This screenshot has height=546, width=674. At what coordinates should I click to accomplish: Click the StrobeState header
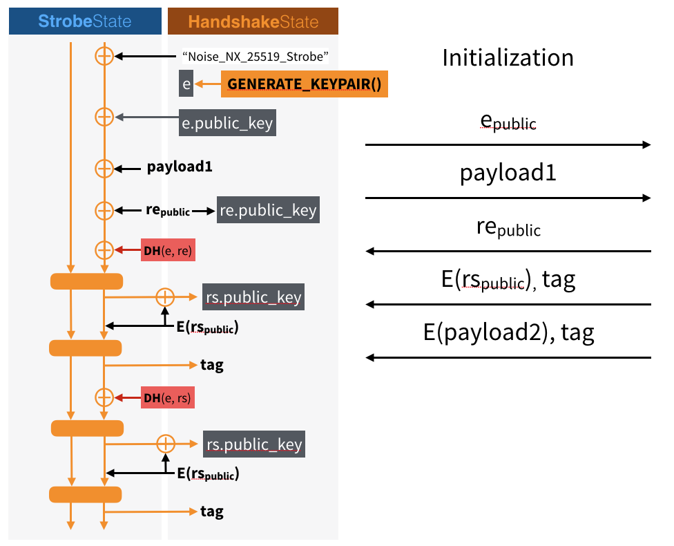click(x=84, y=21)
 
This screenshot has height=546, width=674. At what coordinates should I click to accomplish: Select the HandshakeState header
click(x=253, y=21)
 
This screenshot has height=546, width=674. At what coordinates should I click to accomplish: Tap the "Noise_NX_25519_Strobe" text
click(x=254, y=56)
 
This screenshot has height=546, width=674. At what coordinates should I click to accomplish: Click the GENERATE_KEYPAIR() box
click(x=304, y=84)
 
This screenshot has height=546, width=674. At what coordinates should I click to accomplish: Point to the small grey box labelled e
click(x=186, y=84)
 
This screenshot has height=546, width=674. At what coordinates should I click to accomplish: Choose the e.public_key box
click(x=227, y=123)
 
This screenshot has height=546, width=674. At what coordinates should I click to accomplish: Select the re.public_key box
click(x=269, y=210)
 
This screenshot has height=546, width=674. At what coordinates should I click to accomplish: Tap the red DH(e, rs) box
click(x=168, y=397)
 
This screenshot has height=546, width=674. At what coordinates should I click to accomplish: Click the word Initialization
click(x=508, y=57)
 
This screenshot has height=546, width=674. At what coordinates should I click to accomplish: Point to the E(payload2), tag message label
click(x=508, y=333)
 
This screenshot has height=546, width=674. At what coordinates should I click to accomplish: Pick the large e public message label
click(x=508, y=122)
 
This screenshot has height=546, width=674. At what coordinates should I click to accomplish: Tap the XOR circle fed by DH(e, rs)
click(x=104, y=397)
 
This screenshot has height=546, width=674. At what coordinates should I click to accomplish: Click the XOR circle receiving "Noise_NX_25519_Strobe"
click(x=104, y=57)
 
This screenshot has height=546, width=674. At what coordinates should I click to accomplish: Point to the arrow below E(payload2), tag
click(x=508, y=357)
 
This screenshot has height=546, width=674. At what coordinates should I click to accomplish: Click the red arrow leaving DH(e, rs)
click(x=128, y=397)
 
